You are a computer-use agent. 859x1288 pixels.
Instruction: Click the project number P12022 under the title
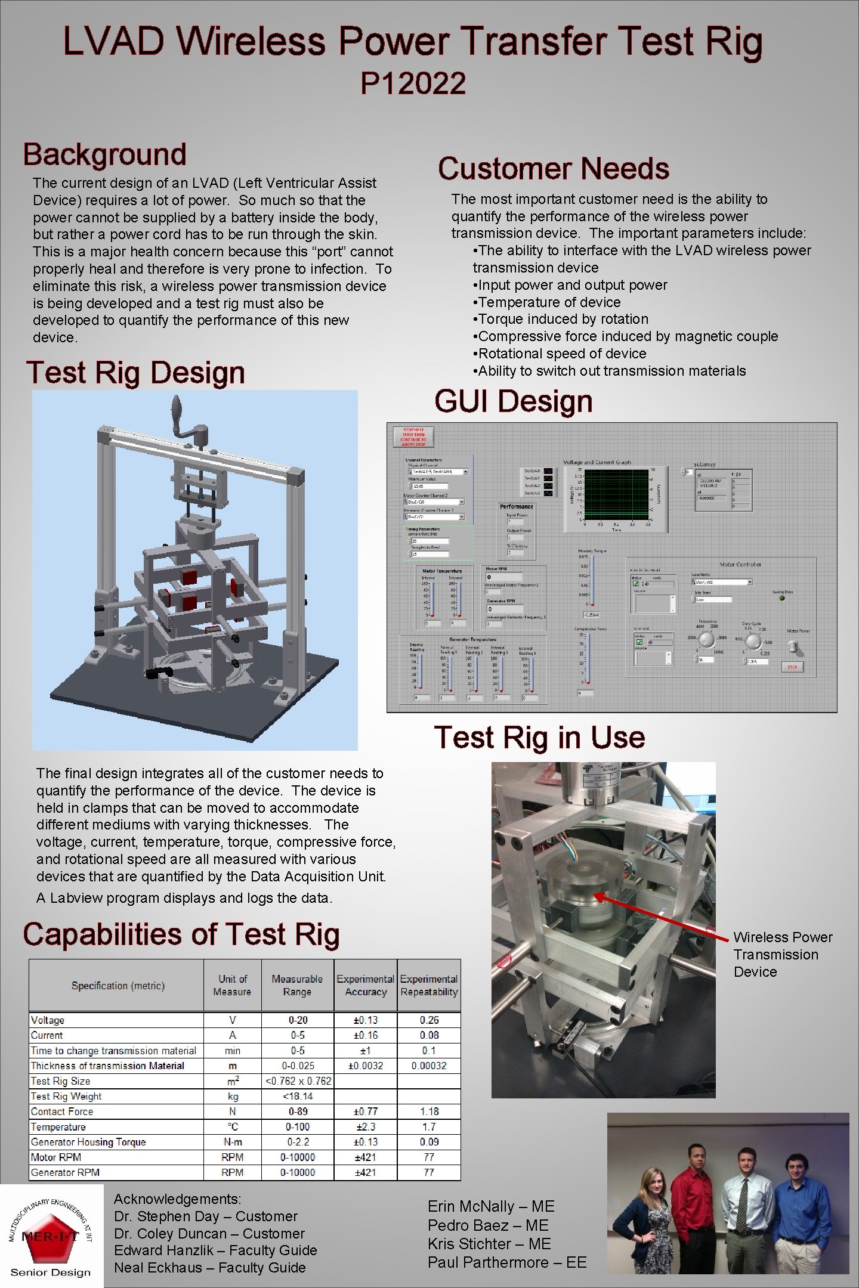413,83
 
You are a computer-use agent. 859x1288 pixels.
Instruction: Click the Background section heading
105,154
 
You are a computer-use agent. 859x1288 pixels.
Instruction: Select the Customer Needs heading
553,168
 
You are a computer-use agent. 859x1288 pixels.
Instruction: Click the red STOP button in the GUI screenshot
792,667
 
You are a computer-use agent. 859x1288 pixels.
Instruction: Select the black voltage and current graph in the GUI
616,494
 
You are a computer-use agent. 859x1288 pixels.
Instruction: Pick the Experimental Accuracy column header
366,985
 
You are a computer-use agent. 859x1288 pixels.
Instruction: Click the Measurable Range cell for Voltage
298,1020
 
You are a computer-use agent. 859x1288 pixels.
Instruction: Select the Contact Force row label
62,1111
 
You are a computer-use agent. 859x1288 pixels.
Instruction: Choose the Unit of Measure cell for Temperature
232,1126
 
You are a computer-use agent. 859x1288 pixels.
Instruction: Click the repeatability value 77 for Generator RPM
429,1172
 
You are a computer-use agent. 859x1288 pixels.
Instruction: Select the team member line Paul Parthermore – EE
507,1262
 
